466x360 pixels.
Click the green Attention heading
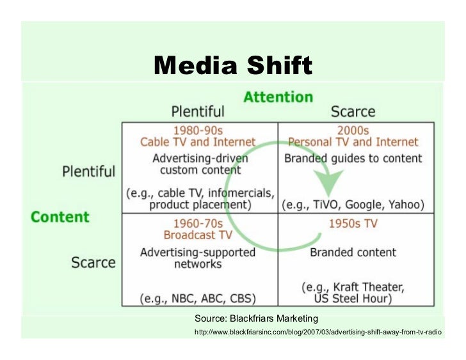[278, 97]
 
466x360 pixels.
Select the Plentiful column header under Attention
[198, 111]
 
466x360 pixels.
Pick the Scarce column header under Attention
[353, 111]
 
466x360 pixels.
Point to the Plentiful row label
[88, 171]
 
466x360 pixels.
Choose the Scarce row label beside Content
[93, 262]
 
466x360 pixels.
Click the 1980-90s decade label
[198, 130]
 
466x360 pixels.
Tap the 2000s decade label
[353, 130]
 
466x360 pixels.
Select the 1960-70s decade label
[198, 224]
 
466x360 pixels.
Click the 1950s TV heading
[353, 224]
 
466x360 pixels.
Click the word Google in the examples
[362, 205]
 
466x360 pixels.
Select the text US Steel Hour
[353, 299]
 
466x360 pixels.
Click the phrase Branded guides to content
[353, 158]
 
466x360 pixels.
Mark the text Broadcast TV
[198, 235]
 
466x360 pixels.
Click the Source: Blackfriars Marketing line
[256, 318]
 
